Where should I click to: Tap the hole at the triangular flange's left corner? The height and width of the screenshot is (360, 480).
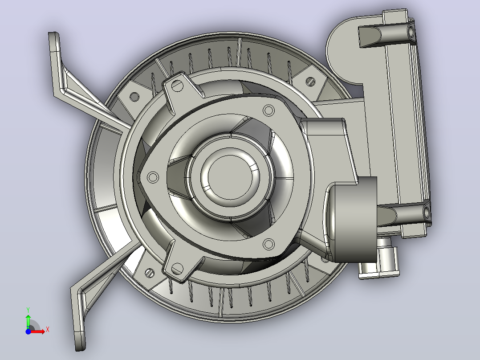[153, 177]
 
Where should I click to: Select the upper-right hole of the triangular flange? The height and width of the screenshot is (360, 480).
[269, 110]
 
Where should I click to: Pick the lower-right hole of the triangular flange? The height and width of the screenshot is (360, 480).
[269, 244]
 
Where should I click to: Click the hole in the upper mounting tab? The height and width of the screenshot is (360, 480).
[177, 86]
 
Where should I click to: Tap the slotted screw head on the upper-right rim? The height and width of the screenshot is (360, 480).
[310, 81]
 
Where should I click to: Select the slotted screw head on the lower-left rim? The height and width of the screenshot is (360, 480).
[149, 273]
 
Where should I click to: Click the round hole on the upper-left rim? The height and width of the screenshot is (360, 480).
[134, 97]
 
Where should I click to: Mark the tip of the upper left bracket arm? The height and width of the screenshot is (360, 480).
[53, 33]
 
